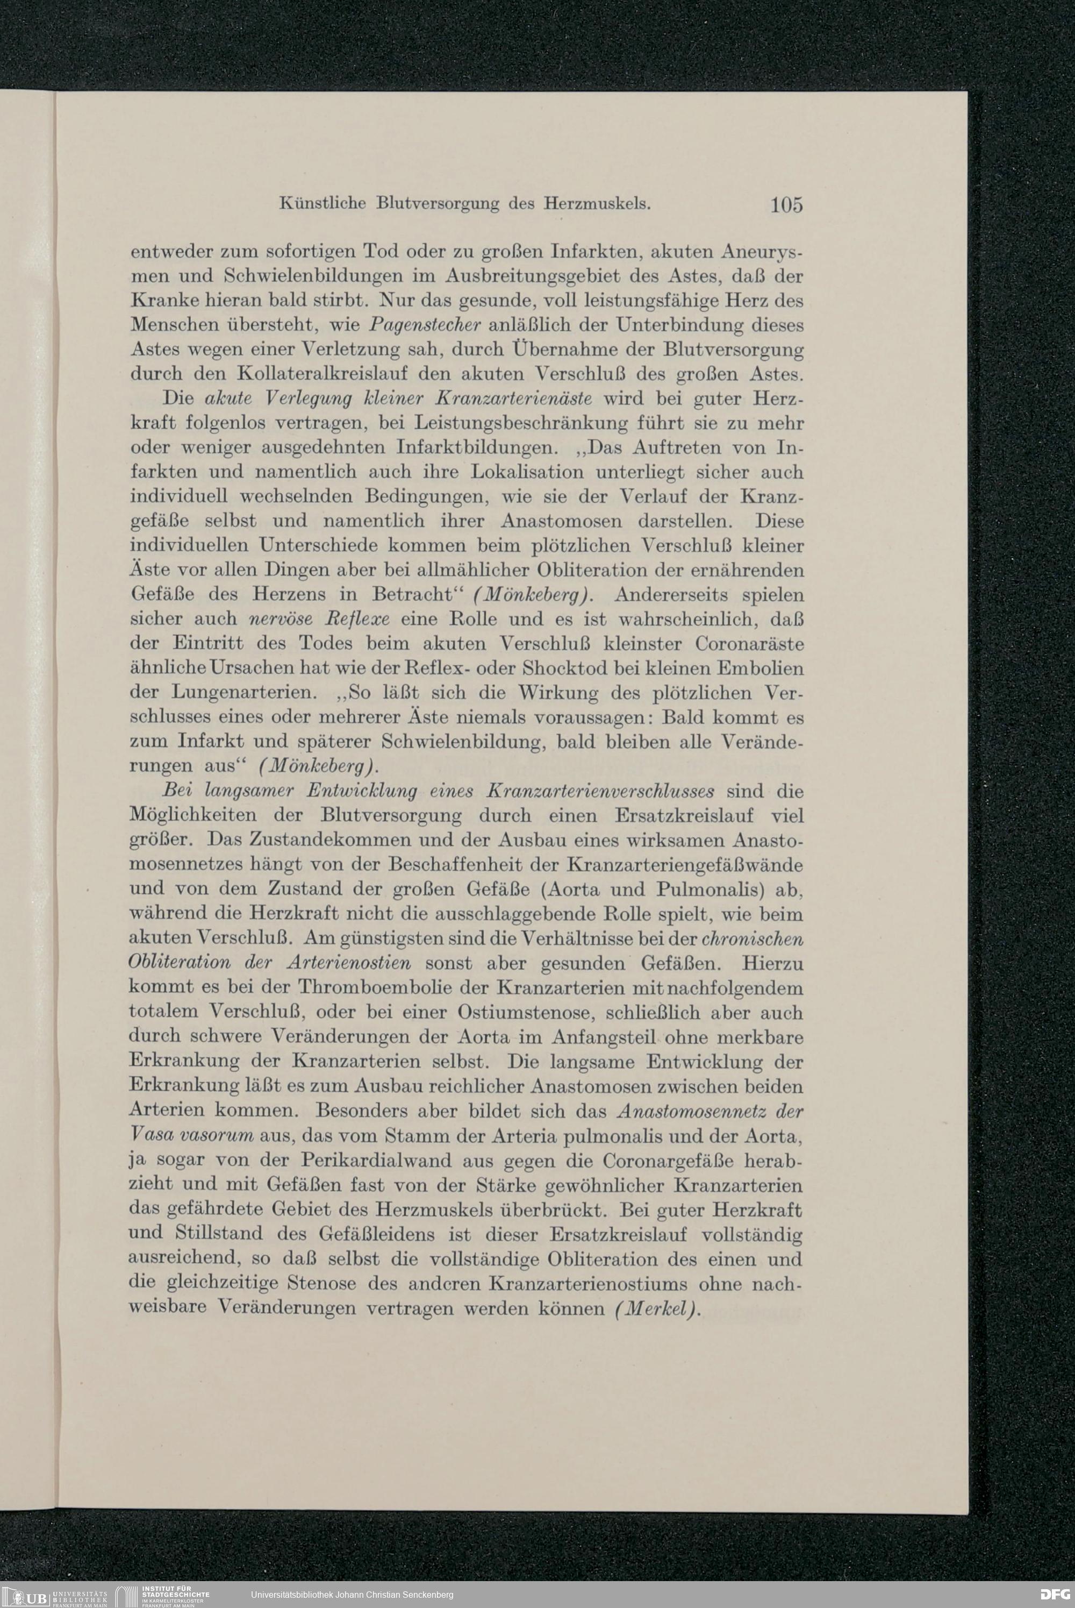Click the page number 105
pyautogui.click(x=786, y=204)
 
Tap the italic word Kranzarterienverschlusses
pyautogui.click(x=600, y=791)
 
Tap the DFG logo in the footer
pyautogui.click(x=1055, y=1594)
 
